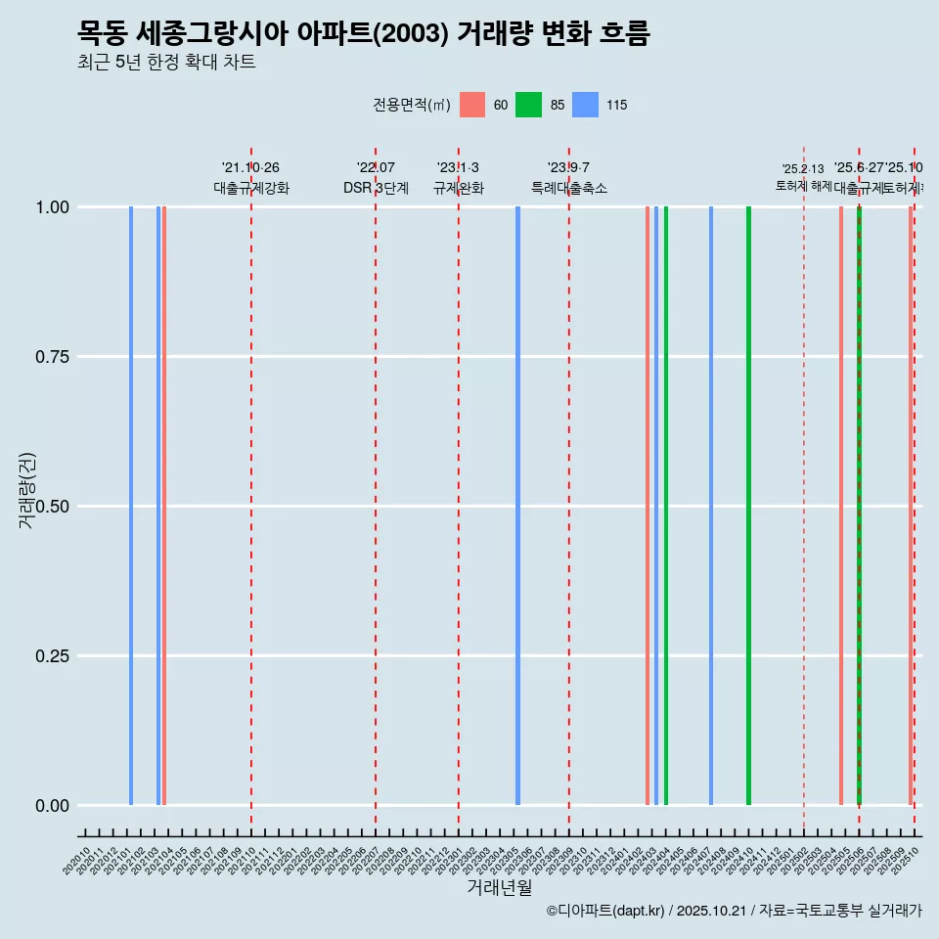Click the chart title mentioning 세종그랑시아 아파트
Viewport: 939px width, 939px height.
point(363,33)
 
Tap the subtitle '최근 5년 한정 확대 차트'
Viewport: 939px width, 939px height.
point(166,63)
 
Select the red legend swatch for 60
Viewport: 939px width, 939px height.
point(472,105)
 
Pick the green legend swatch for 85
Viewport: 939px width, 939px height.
point(528,105)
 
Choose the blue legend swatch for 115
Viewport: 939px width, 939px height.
point(585,105)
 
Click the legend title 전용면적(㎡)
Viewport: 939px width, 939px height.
point(411,105)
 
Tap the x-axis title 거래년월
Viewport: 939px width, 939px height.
point(499,887)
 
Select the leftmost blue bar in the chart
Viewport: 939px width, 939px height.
point(131,505)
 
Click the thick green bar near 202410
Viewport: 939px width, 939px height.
point(748,505)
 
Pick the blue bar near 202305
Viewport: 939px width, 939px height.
point(517,505)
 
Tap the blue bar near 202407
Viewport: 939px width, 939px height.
point(711,505)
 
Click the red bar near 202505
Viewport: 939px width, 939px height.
point(840,505)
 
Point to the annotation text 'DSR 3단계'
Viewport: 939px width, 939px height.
point(376,188)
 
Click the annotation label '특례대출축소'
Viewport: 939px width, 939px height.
point(569,188)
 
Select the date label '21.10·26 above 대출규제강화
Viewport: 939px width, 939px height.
point(250,168)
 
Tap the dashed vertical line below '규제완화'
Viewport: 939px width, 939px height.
point(459,489)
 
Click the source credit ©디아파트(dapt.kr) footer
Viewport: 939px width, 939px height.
point(734,911)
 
